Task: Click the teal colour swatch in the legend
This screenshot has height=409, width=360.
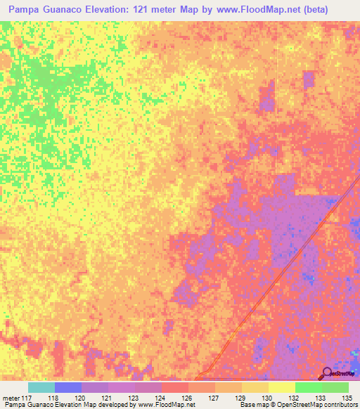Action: (41, 387)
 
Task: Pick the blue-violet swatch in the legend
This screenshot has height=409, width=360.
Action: (68, 387)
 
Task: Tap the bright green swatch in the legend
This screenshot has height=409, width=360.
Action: (308, 387)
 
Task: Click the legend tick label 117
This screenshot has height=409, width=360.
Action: (27, 397)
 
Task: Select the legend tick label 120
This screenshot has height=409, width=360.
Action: (79, 397)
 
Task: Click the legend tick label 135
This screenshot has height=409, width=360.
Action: (347, 397)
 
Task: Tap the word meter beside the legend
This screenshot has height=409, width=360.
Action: (10, 397)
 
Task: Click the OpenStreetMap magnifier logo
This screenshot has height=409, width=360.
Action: (328, 373)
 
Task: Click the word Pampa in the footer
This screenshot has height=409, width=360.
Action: (13, 405)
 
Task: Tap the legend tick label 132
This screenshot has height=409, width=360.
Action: (293, 397)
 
